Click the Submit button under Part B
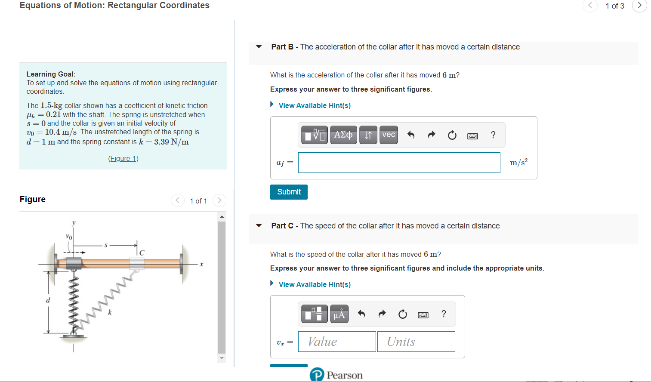pyautogui.click(x=289, y=192)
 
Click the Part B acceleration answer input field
pyautogui.click(x=399, y=163)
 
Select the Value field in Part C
pyautogui.click(x=337, y=342)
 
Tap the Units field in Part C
pyautogui.click(x=416, y=342)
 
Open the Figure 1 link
pyautogui.click(x=123, y=158)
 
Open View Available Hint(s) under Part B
pyautogui.click(x=314, y=105)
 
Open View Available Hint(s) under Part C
pyautogui.click(x=314, y=284)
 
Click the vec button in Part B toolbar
pyautogui.click(x=389, y=135)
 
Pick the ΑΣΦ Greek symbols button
pyautogui.click(x=343, y=135)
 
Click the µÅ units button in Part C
pyautogui.click(x=339, y=314)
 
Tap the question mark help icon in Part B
pyautogui.click(x=493, y=135)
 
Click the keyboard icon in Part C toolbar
pyautogui.click(x=423, y=315)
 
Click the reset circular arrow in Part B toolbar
pyautogui.click(x=452, y=136)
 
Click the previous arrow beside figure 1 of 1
pyautogui.click(x=178, y=200)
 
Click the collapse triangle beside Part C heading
pyautogui.click(x=259, y=225)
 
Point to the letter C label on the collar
pyautogui.click(x=142, y=253)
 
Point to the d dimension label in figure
pyautogui.click(x=48, y=300)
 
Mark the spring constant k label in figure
pyautogui.click(x=110, y=312)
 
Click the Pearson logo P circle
pyautogui.click(x=317, y=375)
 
